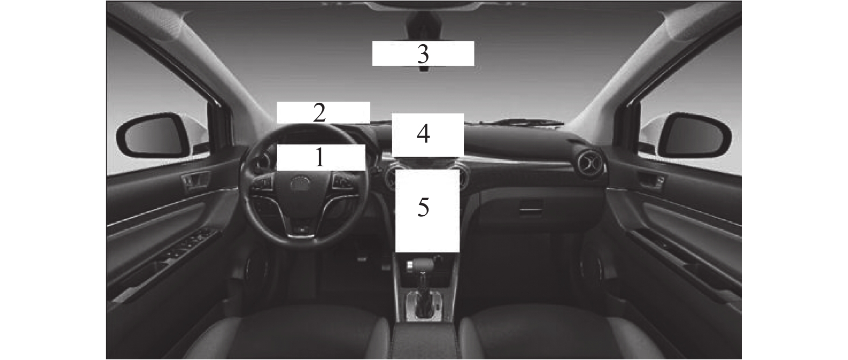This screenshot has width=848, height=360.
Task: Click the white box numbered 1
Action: point(321,158)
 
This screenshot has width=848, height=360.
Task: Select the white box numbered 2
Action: point(323,112)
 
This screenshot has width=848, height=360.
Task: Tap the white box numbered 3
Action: point(423,53)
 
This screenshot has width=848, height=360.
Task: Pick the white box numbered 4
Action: point(428,135)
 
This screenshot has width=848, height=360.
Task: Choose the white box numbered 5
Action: point(427,210)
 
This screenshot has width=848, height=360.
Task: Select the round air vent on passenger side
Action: point(590,164)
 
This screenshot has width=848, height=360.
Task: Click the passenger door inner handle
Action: point(652,180)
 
